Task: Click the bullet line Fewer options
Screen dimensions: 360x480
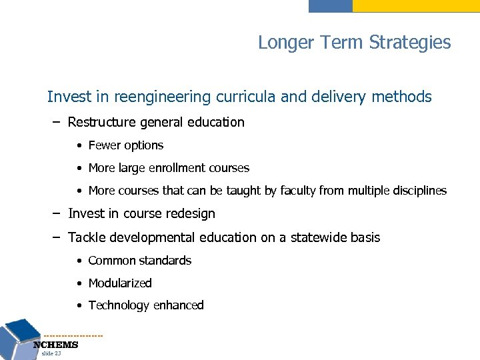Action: pyautogui.click(x=125, y=145)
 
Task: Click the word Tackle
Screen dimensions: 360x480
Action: pyautogui.click(x=86, y=237)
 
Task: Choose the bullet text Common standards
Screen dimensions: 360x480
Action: pyautogui.click(x=139, y=261)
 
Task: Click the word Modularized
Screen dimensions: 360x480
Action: pyautogui.click(x=120, y=283)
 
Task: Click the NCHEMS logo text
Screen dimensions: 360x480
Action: pyautogui.click(x=56, y=345)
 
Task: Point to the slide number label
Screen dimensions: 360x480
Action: pyautogui.click(x=51, y=353)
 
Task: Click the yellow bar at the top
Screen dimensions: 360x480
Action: pyautogui.click(x=415, y=5)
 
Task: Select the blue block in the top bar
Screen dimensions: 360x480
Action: pyautogui.click(x=330, y=5)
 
